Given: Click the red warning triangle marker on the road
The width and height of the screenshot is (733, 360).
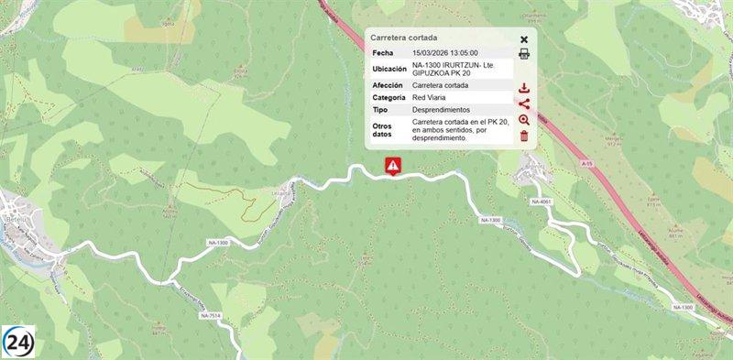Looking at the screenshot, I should coord(392,166).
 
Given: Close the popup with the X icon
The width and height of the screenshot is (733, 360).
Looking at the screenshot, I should coord(524,39).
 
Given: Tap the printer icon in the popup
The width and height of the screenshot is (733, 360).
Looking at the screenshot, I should coord(524,54).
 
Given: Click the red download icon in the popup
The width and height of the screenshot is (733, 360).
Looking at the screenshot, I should coord(524,89).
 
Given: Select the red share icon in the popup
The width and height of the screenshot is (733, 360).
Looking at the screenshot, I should coord(524,104).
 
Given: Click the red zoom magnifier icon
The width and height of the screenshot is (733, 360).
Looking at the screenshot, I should coord(524,120).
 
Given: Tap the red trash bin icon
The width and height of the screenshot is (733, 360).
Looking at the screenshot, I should coord(524,136).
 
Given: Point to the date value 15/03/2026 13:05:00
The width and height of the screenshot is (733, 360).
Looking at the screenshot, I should coord(445,54).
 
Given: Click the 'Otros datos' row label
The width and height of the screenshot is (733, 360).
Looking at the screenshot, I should coord(384,128).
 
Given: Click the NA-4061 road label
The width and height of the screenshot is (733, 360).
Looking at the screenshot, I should coord(541,202).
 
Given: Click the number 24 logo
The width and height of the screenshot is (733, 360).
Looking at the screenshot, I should coord(18,342).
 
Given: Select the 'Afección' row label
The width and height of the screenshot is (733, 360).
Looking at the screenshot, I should coord(388,85).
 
